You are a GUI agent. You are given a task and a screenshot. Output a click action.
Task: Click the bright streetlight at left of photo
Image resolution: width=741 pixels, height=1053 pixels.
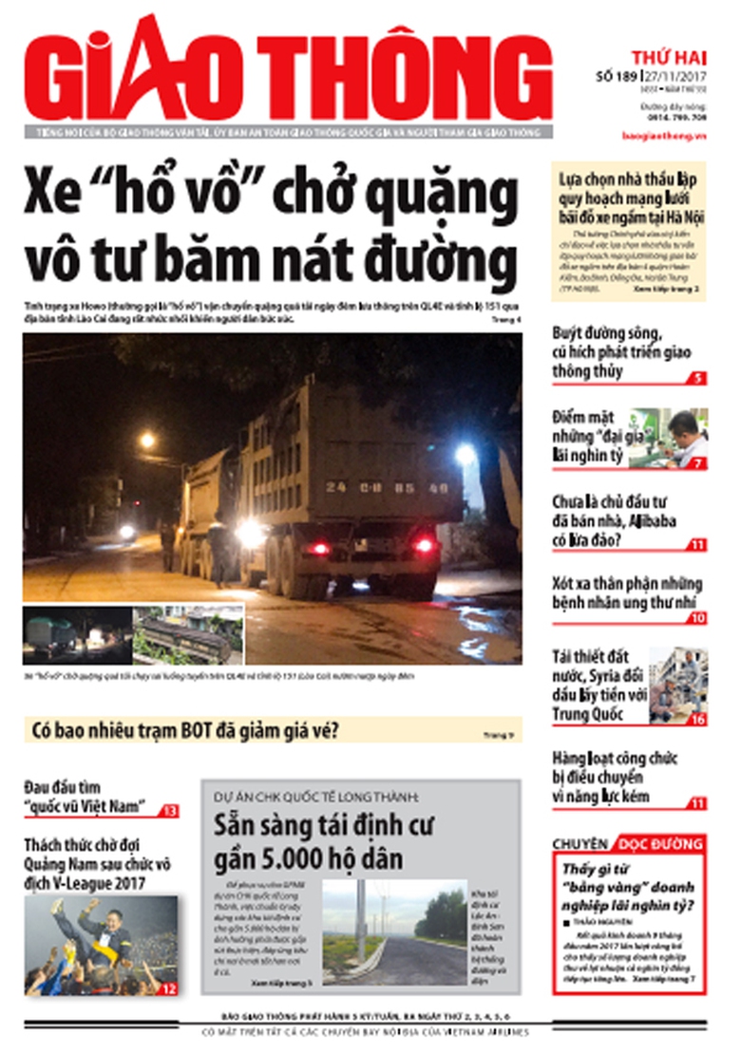(x=146, y=440)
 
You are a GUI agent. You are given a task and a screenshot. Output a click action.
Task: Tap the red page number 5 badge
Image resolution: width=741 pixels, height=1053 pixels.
(x=698, y=378)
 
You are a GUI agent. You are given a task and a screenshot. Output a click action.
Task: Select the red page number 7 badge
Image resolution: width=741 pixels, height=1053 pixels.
(x=698, y=462)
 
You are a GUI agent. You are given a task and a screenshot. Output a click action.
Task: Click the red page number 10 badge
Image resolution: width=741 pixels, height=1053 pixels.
(x=697, y=618)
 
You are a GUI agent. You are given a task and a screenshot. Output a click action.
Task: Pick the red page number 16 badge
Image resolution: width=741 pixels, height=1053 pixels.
(x=698, y=719)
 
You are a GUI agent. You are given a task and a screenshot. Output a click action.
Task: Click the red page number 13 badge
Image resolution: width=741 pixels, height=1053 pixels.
(x=170, y=810)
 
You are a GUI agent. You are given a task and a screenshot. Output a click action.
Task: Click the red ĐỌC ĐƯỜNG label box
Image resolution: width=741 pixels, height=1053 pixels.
(x=660, y=843)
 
